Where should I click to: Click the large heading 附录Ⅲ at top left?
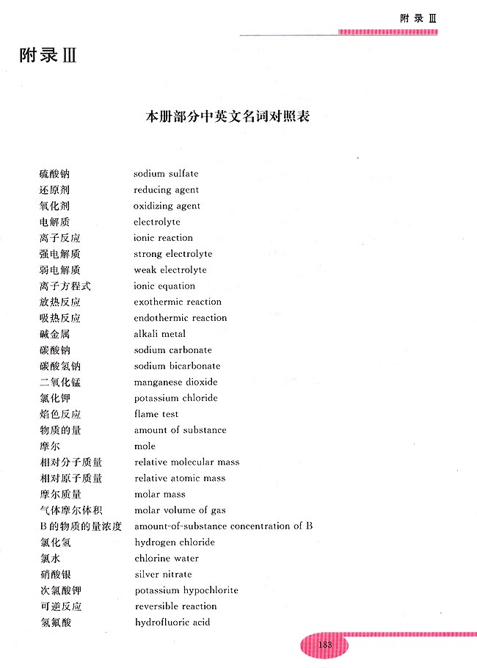[48, 56]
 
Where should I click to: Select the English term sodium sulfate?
[166, 174]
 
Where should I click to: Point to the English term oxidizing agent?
[167, 206]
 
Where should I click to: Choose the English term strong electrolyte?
[172, 254]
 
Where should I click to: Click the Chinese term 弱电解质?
[59, 270]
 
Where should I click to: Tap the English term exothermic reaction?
[178, 302]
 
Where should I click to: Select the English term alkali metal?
[159, 334]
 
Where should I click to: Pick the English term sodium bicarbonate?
[177, 366]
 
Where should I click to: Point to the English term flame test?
[156, 414]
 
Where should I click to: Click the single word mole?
[145, 446]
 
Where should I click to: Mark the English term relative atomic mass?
[180, 479]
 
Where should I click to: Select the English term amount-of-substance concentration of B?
[224, 526]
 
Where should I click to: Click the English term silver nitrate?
[163, 575]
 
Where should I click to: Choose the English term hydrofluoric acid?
[172, 622]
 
